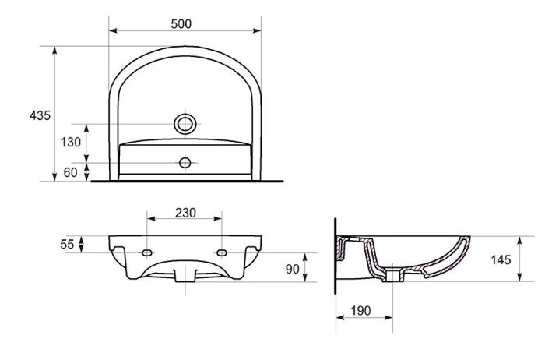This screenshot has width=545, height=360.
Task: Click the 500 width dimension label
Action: [181, 23]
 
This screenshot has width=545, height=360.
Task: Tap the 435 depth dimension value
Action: [40, 115]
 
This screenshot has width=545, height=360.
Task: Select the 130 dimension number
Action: [71, 142]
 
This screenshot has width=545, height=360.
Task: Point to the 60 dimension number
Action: [70, 172]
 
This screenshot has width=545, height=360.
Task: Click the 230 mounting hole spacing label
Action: [185, 213]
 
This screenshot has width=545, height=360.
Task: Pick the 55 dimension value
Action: [67, 245]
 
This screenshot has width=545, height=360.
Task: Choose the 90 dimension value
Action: [292, 269]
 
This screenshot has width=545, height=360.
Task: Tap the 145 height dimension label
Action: [501, 259]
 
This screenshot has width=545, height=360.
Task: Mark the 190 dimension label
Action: [360, 311]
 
